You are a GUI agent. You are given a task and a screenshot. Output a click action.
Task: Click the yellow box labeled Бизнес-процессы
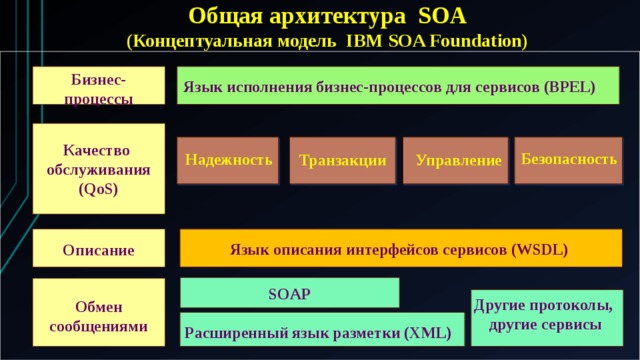pyautogui.click(x=98, y=86)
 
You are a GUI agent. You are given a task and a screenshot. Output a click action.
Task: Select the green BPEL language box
pyautogui.click(x=397, y=86)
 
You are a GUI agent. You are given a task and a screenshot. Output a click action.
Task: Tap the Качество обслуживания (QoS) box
pyautogui.click(x=98, y=169)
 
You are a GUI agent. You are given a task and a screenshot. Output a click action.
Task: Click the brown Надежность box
pyautogui.click(x=228, y=160)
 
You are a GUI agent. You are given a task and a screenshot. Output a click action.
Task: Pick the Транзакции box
pyautogui.click(x=342, y=160)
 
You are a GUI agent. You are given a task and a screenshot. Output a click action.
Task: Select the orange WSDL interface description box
pyautogui.click(x=400, y=248)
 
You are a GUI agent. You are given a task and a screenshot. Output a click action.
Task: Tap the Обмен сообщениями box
pyautogui.click(x=98, y=315)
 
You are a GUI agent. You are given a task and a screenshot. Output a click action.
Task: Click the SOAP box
pyautogui.click(x=289, y=293)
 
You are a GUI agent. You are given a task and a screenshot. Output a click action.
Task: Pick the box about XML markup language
pyautogui.click(x=322, y=331)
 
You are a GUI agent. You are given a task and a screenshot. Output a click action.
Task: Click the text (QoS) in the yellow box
pyautogui.click(x=98, y=188)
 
